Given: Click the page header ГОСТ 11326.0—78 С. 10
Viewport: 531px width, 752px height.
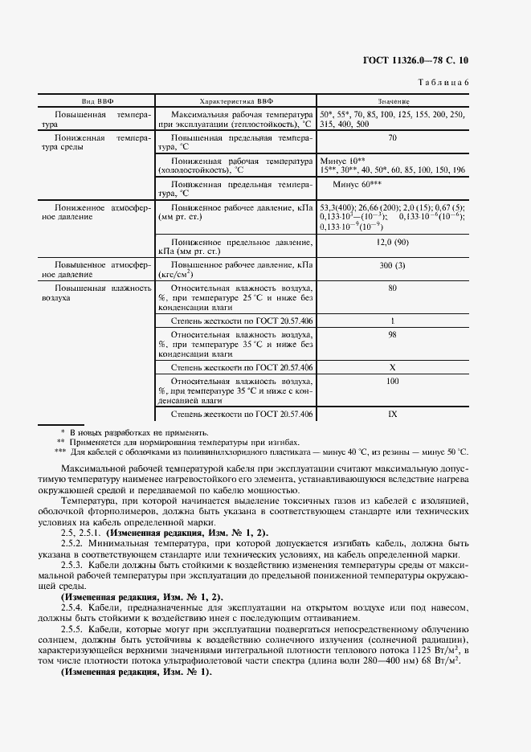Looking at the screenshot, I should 421,60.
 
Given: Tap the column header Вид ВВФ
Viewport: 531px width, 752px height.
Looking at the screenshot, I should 97,102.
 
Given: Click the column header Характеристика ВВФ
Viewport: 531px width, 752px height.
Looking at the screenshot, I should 236,102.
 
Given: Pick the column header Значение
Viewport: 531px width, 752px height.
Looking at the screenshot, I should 392,102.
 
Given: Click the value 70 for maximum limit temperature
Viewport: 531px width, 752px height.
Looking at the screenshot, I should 392,138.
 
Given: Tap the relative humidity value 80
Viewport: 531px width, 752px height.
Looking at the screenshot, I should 392,287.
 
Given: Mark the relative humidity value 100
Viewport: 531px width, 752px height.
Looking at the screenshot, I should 392,381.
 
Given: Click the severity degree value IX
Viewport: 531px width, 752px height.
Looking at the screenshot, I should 392,414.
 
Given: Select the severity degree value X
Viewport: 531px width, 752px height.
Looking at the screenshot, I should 392,367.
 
